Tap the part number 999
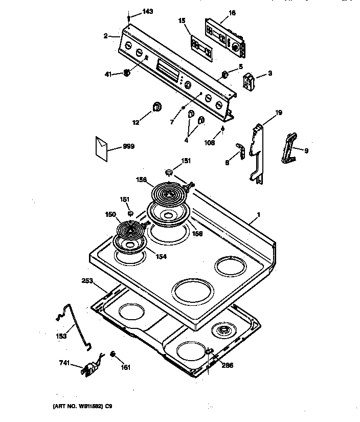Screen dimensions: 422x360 [129, 146]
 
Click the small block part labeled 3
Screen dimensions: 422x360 [250, 81]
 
